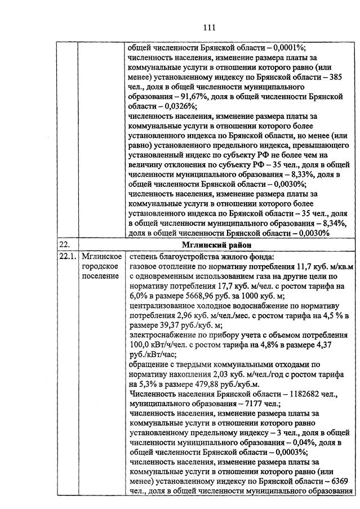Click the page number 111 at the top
click(x=209, y=27)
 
